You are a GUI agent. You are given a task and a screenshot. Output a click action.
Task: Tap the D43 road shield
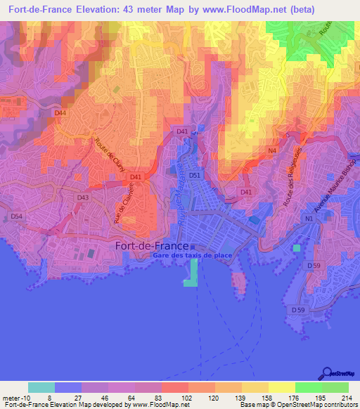pos(83,198)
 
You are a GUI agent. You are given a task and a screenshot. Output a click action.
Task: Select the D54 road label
pos(17,217)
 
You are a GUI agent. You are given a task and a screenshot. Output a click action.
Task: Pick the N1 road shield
pos(308,219)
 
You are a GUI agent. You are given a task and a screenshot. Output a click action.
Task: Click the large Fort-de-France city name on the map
pos(151,246)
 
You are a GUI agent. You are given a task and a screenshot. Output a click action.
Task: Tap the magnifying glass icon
pos(328,372)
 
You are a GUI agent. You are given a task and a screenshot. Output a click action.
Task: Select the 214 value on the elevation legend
pos(344,398)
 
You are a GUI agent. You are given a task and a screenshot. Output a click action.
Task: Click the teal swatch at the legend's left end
pos(41,387)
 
